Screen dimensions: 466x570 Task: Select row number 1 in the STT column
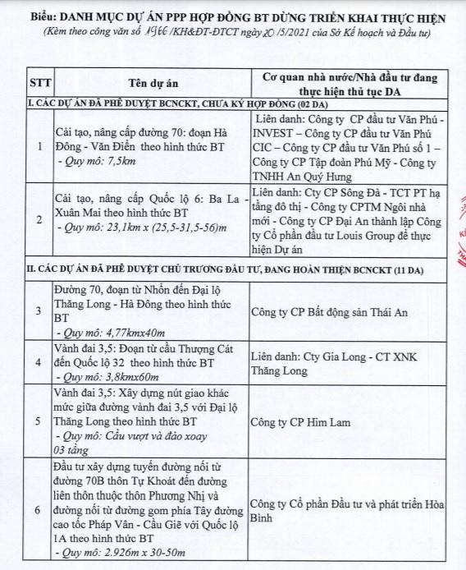pos(40,147)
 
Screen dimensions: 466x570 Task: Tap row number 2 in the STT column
pos(40,220)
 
